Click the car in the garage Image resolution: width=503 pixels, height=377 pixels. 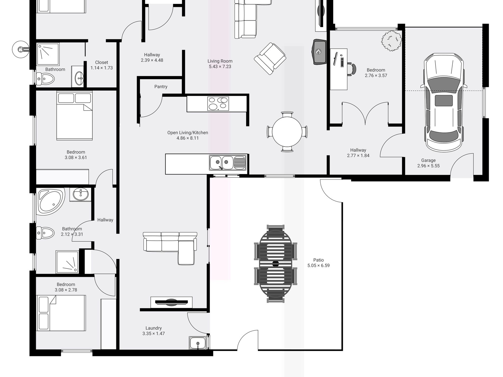click(x=444, y=103)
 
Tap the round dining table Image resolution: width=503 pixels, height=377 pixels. click(x=287, y=131)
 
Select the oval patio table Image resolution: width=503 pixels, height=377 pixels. click(x=276, y=264)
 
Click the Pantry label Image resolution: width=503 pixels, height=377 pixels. click(x=161, y=87)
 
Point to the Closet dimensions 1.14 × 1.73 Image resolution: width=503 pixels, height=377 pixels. click(x=102, y=68)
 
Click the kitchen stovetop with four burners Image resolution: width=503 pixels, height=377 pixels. click(x=218, y=103)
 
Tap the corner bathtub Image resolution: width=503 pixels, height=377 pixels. click(x=51, y=201)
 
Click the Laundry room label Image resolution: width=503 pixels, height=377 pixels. click(x=154, y=328)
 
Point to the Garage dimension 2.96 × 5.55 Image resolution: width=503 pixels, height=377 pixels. click(x=428, y=166)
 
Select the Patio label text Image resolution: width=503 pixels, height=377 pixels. click(x=318, y=260)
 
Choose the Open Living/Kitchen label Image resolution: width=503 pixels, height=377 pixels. click(x=187, y=133)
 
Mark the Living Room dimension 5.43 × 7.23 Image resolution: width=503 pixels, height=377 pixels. click(x=220, y=67)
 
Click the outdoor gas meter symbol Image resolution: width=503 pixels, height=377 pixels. click(x=20, y=49)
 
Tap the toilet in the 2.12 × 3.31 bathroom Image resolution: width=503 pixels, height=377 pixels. click(x=46, y=233)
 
